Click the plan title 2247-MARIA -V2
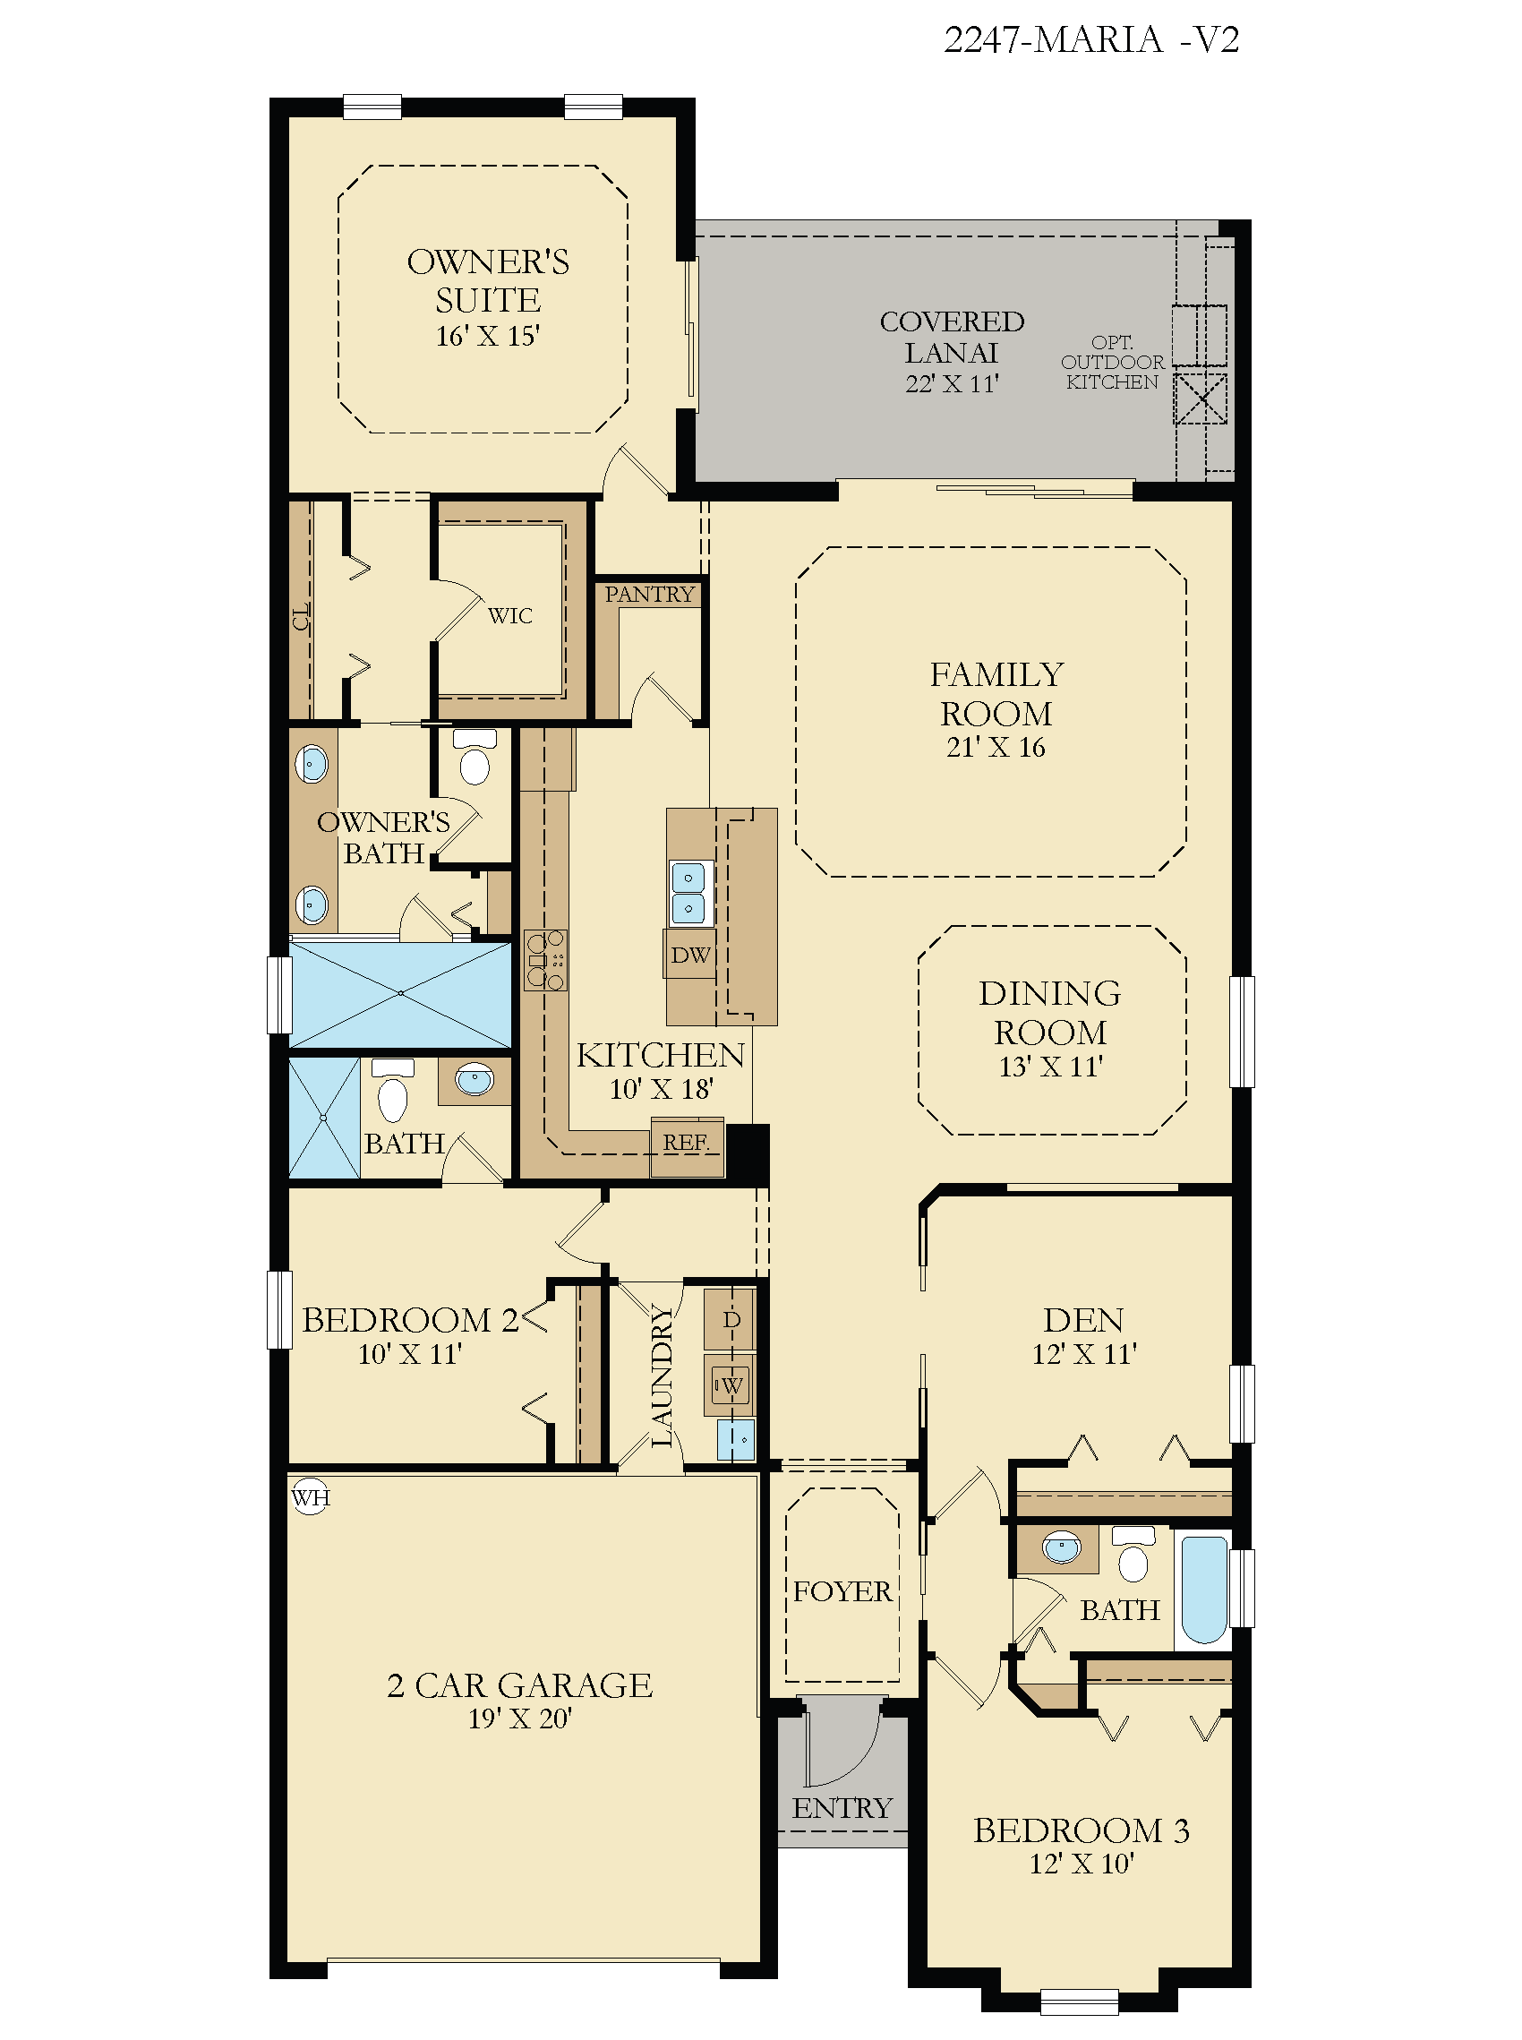pos(1090,39)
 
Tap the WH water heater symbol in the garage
pos(311,1498)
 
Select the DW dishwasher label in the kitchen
pos(690,955)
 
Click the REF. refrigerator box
pos(687,1146)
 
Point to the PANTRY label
pos(649,595)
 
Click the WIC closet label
pos(510,615)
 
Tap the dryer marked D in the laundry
pos(731,1318)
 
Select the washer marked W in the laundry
pos(731,1384)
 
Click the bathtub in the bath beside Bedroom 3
pos(1205,1589)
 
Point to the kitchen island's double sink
pos(689,893)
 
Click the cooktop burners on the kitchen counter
pos(544,960)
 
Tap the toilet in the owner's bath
pos(475,757)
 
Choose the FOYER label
pos(842,1591)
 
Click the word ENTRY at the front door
pos(842,1808)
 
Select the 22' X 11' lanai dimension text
pos(952,384)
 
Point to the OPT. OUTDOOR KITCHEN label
pos(1112,362)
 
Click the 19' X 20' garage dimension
pos(519,1719)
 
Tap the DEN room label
pos(1083,1320)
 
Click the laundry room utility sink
pos(735,1439)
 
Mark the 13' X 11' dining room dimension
pos(1050,1067)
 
